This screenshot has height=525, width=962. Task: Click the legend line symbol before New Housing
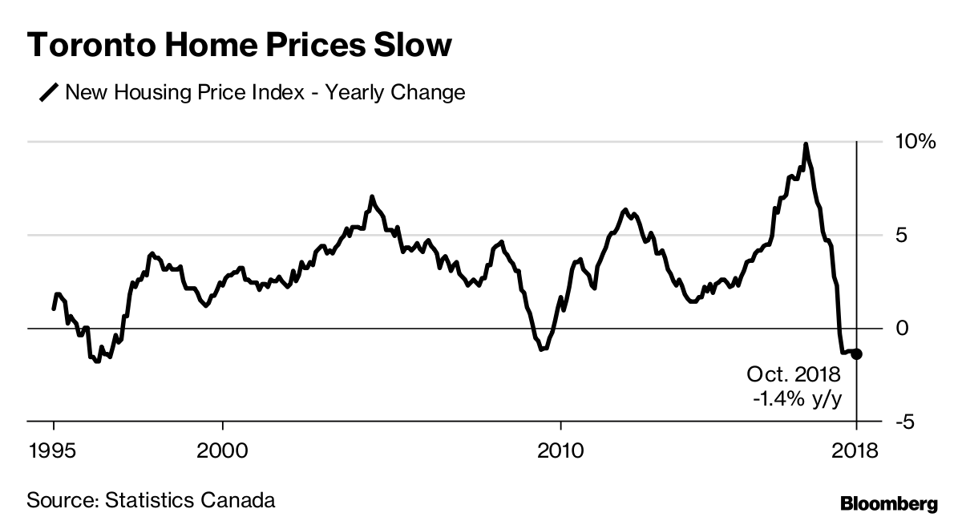click(x=50, y=93)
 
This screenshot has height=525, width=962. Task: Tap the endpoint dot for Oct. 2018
click(x=856, y=354)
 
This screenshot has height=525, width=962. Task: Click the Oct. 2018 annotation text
click(x=794, y=375)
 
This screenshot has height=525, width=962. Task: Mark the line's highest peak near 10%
click(x=806, y=144)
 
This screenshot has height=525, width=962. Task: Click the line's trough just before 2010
click(x=542, y=349)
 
